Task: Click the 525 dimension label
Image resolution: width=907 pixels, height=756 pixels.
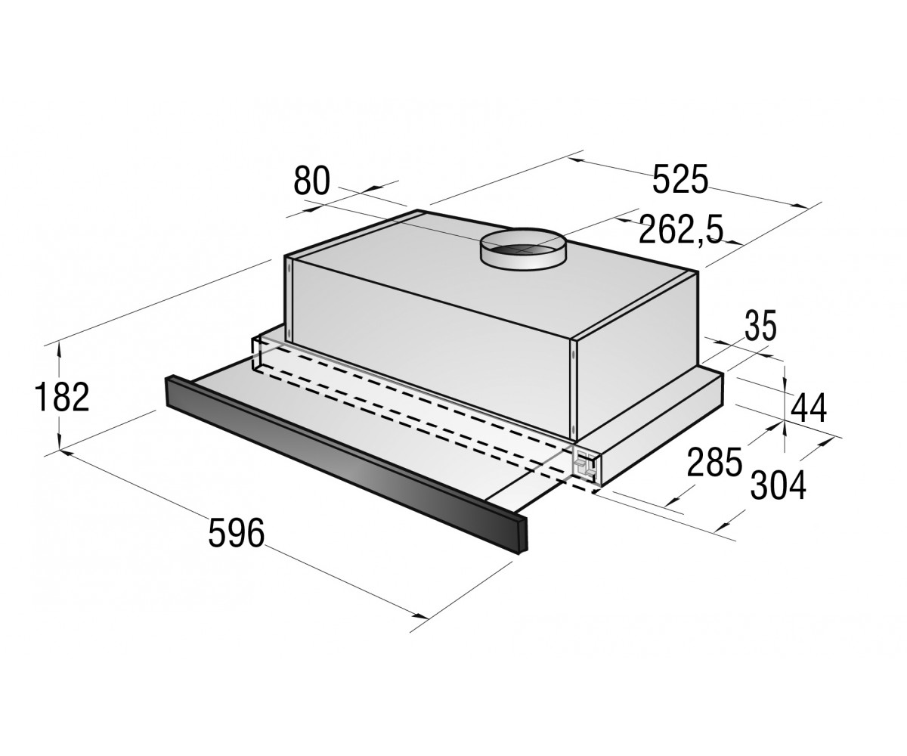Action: [680, 178]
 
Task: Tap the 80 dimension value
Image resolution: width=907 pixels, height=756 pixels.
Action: [312, 181]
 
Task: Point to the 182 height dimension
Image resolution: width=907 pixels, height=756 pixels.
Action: [62, 397]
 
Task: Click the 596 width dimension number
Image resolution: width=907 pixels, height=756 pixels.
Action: [237, 533]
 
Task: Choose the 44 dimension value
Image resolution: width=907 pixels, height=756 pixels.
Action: [809, 408]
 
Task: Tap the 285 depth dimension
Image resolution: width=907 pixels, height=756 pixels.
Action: [714, 462]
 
